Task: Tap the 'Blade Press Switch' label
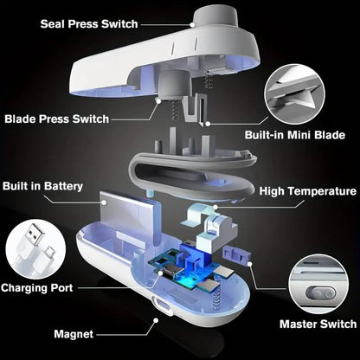pos(67,119)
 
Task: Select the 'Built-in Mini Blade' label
pos(295,137)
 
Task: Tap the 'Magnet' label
pos(74,333)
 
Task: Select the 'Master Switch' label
pos(318,325)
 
